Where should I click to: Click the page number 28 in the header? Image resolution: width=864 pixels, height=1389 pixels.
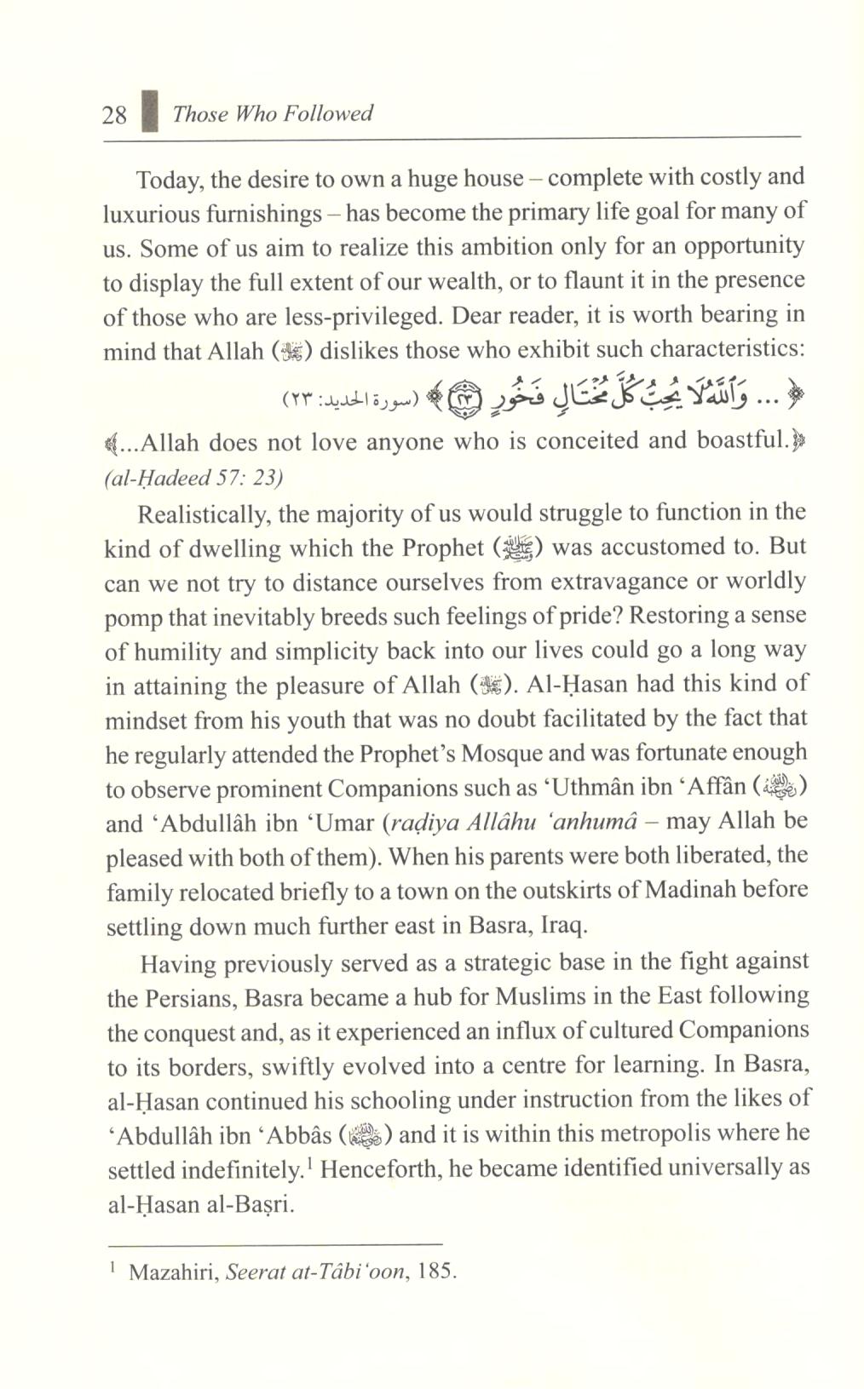pyautogui.click(x=114, y=116)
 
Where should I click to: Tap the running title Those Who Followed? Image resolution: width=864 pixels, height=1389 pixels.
pyautogui.click(x=273, y=114)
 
